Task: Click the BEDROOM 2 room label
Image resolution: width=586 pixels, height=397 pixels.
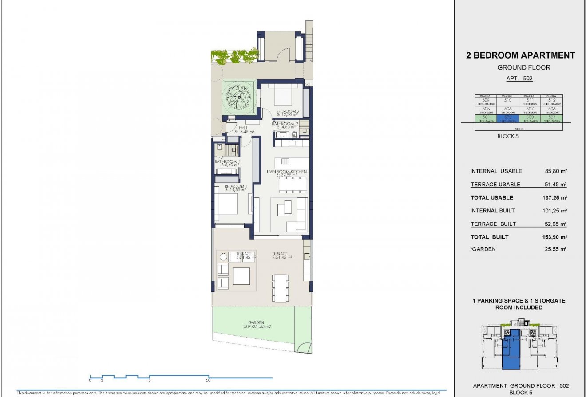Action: click(x=287, y=111)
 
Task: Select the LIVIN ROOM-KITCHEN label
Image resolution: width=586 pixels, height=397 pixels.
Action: click(x=287, y=172)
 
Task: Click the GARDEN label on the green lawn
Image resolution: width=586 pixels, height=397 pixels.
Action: click(x=256, y=322)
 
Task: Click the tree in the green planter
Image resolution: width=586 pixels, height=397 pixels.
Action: click(x=239, y=96)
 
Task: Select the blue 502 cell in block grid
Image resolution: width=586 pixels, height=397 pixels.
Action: click(x=508, y=118)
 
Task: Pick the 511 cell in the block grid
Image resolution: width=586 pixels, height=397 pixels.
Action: click(x=530, y=102)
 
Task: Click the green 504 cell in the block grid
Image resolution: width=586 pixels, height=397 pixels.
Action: click(x=552, y=118)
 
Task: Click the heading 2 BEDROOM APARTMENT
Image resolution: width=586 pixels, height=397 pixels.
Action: click(x=520, y=55)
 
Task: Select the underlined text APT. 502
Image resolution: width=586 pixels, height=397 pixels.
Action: click(x=519, y=79)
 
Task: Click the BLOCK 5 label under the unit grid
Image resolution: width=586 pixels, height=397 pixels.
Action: click(x=508, y=136)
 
